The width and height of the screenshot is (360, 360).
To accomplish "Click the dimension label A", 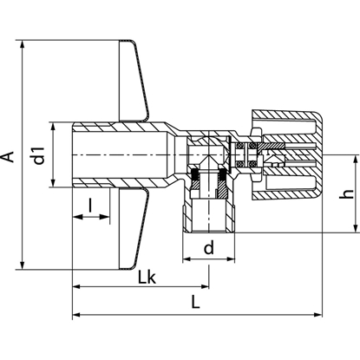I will [10, 156].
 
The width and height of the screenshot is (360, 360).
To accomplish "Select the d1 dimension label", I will [37, 156].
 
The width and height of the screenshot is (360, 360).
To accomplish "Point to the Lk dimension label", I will [148, 278].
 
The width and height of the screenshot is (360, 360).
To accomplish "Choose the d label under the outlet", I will [208, 248].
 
